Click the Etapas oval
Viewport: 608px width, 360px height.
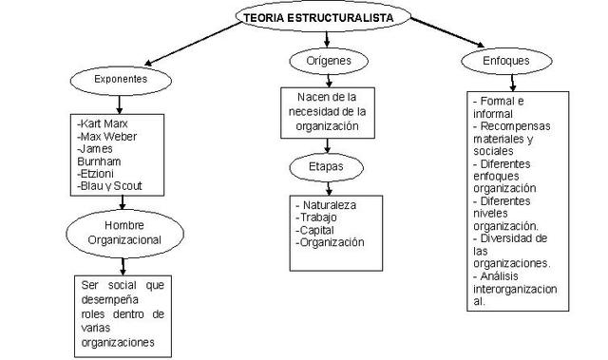click(326, 166)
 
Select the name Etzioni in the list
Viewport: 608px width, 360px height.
click(98, 175)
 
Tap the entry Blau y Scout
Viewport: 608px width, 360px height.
click(112, 187)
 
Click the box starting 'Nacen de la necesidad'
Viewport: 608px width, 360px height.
click(326, 112)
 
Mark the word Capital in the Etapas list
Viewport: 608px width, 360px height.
click(318, 229)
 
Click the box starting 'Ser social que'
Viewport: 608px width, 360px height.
click(122, 314)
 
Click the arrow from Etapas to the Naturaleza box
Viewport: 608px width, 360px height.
click(326, 188)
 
